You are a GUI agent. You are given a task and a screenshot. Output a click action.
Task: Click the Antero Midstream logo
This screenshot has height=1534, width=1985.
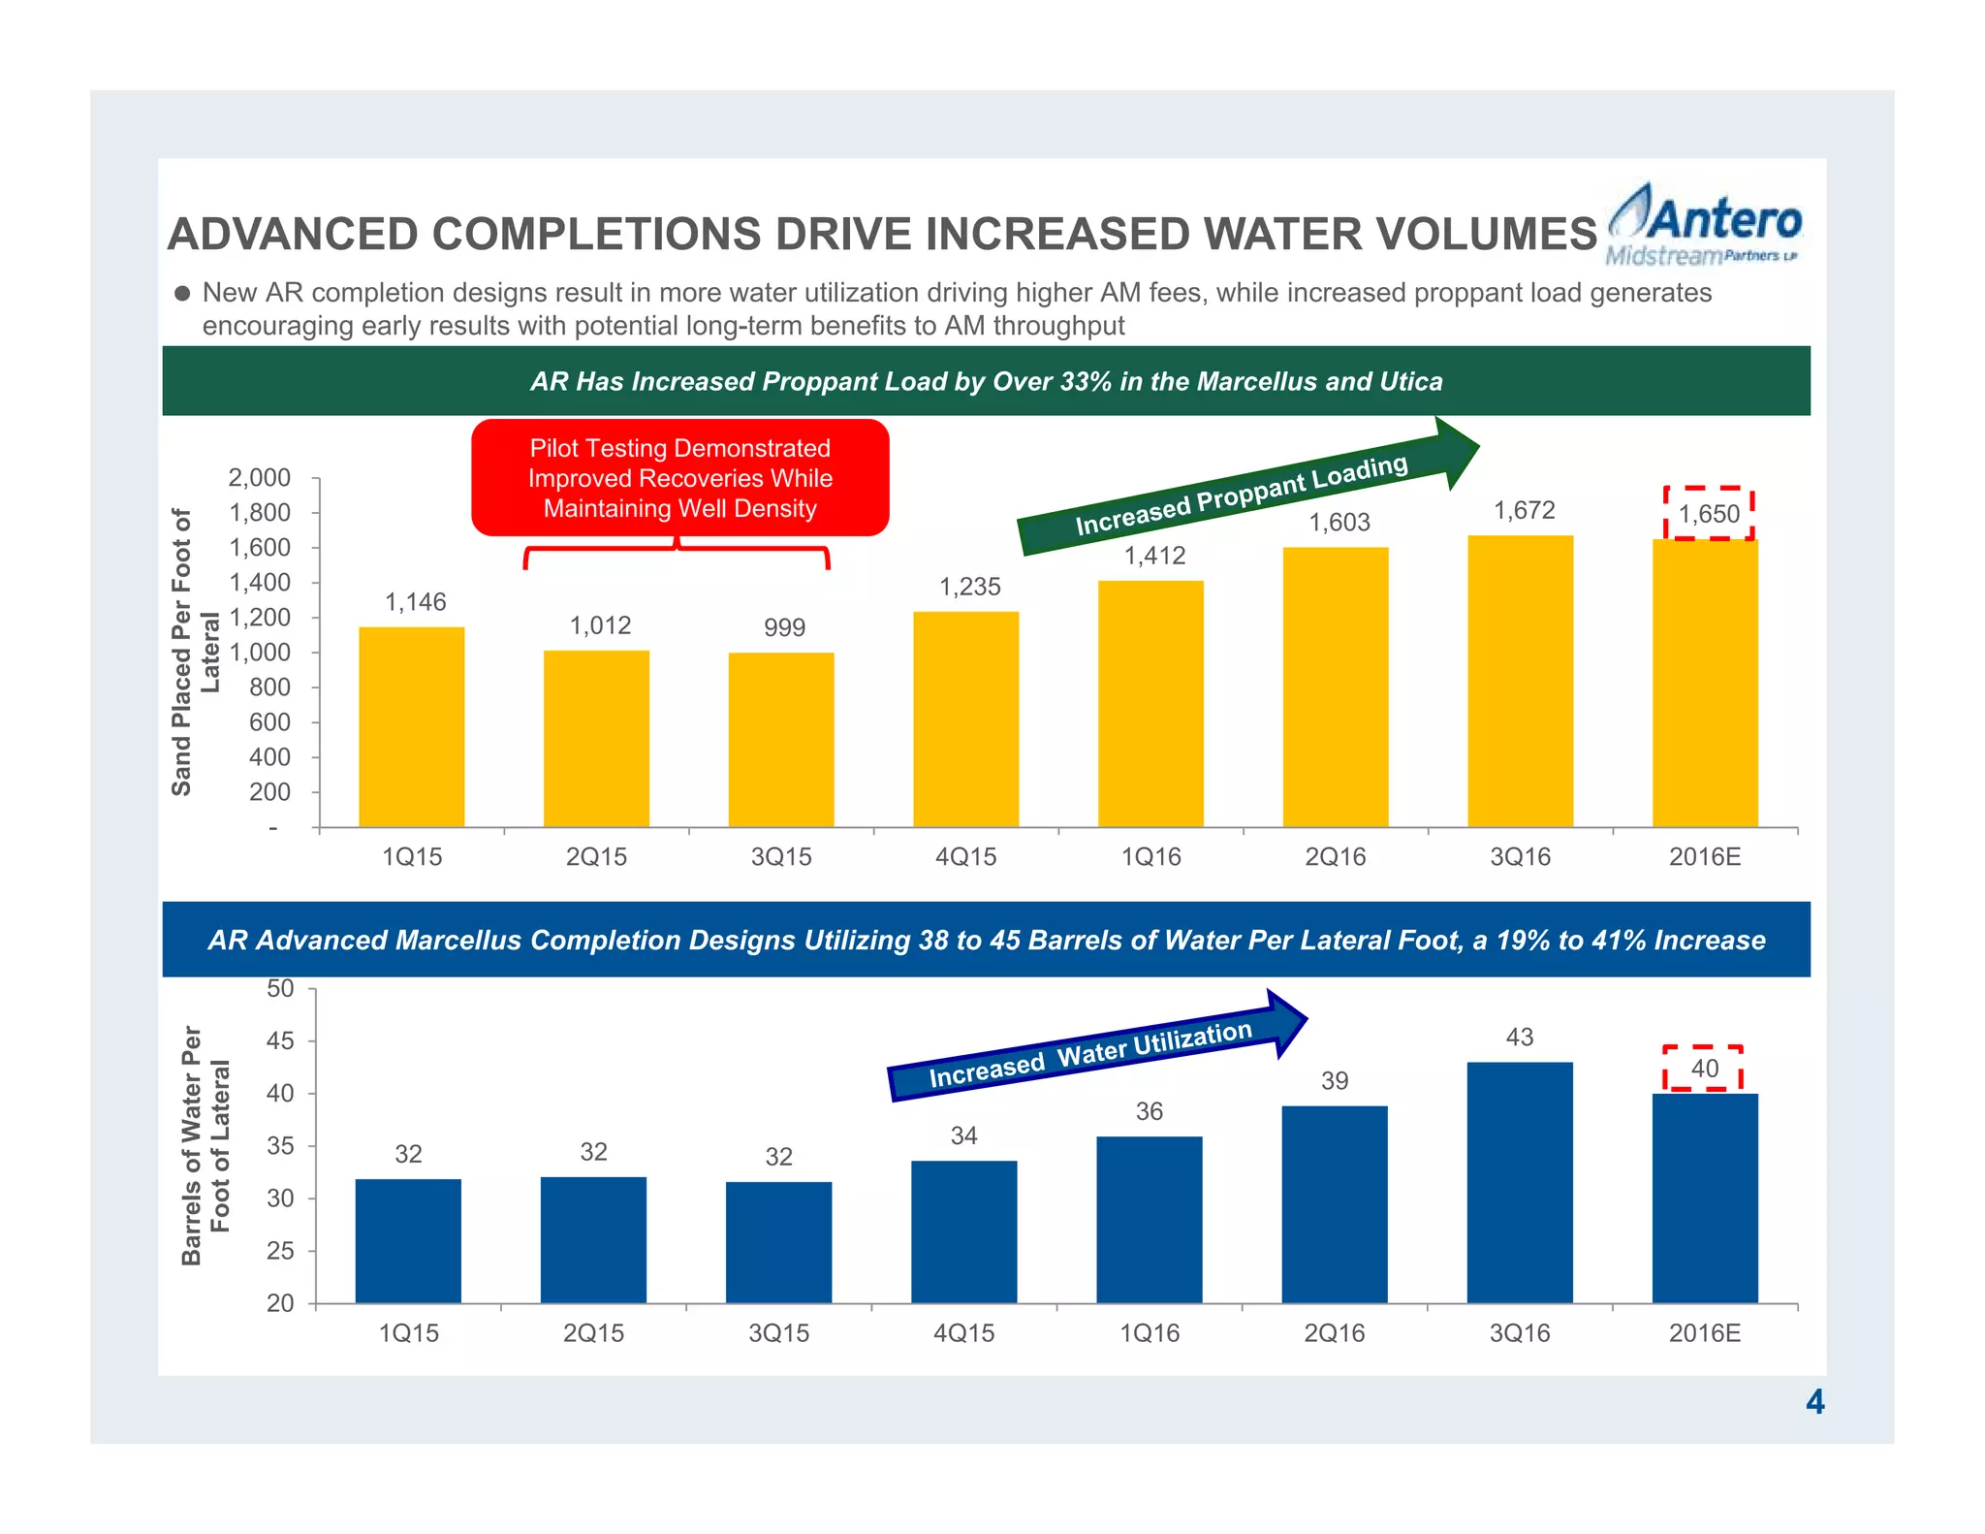point(1703,225)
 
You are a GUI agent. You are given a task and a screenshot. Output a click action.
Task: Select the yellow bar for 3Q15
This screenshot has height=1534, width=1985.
point(781,739)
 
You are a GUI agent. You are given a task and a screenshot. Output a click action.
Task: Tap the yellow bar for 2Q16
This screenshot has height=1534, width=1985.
point(1335,687)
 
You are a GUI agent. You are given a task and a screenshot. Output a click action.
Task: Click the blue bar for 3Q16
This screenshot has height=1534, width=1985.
point(1519,1182)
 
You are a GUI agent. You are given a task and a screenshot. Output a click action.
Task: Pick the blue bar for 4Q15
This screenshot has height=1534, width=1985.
point(963,1231)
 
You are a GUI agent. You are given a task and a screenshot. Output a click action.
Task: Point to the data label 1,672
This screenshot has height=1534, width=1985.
point(1524,510)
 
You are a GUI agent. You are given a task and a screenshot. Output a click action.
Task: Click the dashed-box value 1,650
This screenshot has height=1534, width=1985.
point(1709,514)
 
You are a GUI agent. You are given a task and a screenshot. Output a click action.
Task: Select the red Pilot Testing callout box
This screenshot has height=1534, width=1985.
point(679,478)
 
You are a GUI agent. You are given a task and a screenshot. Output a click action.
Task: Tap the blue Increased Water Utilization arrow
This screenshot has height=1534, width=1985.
point(1095,1051)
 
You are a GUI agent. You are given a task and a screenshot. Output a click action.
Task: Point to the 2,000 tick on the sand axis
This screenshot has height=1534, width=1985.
point(259,477)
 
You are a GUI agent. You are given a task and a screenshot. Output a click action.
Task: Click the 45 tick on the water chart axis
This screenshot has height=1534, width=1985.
point(279,1041)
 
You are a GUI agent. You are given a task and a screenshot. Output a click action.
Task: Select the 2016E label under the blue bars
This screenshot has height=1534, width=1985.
point(1704,1333)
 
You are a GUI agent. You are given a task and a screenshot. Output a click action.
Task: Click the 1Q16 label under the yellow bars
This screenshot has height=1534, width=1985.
point(1150,857)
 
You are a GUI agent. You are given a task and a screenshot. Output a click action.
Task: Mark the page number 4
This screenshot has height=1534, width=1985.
point(1814,1402)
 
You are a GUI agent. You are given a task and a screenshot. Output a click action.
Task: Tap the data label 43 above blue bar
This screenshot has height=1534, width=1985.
point(1519,1038)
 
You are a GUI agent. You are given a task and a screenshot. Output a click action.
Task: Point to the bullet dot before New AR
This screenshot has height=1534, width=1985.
point(182,294)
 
